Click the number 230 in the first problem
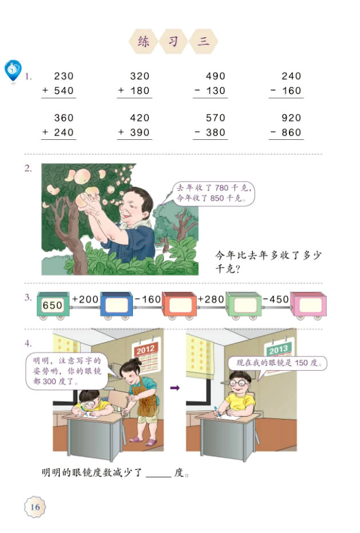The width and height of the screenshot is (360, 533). click(64, 76)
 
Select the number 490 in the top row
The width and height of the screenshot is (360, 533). click(216, 76)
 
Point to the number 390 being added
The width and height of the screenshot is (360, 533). click(139, 132)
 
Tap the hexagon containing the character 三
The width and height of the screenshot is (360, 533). click(204, 41)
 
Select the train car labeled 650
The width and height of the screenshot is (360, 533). click(53, 305)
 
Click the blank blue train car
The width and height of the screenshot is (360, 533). click(117, 304)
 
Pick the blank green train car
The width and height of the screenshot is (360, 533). click(244, 304)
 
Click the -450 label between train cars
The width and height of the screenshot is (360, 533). click(276, 299)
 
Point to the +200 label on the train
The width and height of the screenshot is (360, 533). click(85, 299)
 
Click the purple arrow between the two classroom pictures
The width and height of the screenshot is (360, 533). click(175, 388)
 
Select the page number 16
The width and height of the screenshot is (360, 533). click(35, 507)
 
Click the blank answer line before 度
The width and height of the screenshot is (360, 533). click(159, 475)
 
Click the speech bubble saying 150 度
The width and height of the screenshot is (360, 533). click(277, 363)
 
